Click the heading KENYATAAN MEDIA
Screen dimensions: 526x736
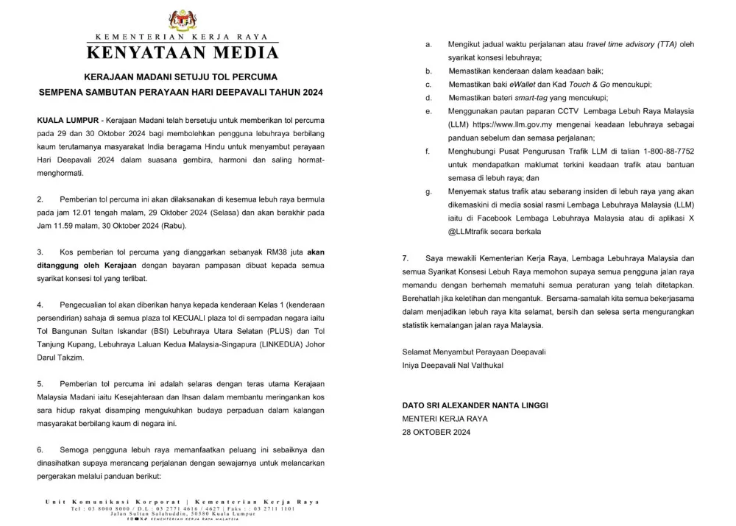(x=183, y=53)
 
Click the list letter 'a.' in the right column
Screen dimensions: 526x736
(x=428, y=45)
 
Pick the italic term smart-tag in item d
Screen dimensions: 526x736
(x=529, y=98)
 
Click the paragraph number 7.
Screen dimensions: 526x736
(x=405, y=258)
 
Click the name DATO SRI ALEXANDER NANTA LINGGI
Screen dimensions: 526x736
(x=475, y=405)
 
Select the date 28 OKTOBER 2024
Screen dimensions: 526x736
(x=436, y=432)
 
